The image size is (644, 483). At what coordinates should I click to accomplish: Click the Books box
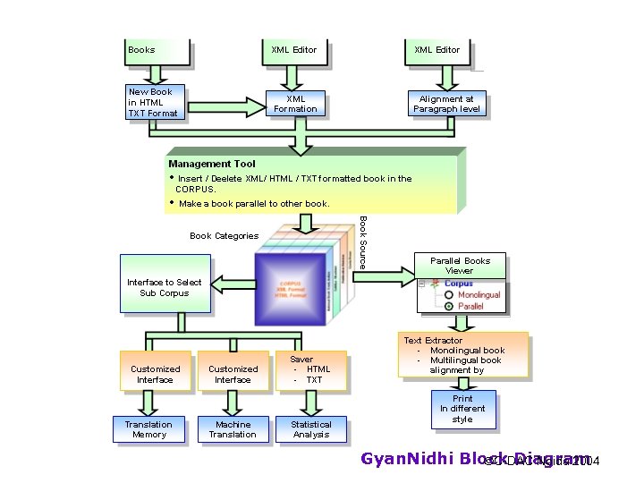(x=157, y=51)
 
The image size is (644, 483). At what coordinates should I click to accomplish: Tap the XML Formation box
(x=295, y=104)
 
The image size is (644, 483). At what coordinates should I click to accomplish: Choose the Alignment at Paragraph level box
(x=446, y=105)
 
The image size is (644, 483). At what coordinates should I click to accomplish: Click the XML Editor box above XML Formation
(x=294, y=51)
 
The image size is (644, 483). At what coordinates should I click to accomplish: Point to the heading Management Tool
(x=212, y=164)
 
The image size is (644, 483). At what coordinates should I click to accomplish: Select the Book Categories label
(x=224, y=236)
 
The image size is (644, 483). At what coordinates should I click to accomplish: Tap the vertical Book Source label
(x=362, y=241)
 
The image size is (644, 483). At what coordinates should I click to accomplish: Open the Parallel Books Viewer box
(x=460, y=266)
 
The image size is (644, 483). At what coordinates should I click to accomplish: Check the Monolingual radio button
(x=449, y=295)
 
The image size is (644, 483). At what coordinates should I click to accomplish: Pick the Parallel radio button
(x=449, y=306)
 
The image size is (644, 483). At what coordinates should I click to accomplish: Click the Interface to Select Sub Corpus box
(x=165, y=287)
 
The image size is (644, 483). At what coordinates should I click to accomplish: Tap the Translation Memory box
(x=148, y=429)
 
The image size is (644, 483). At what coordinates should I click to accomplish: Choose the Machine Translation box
(x=233, y=429)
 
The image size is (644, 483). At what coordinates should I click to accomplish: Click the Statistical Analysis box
(x=311, y=429)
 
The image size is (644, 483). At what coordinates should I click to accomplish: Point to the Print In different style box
(x=462, y=409)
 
